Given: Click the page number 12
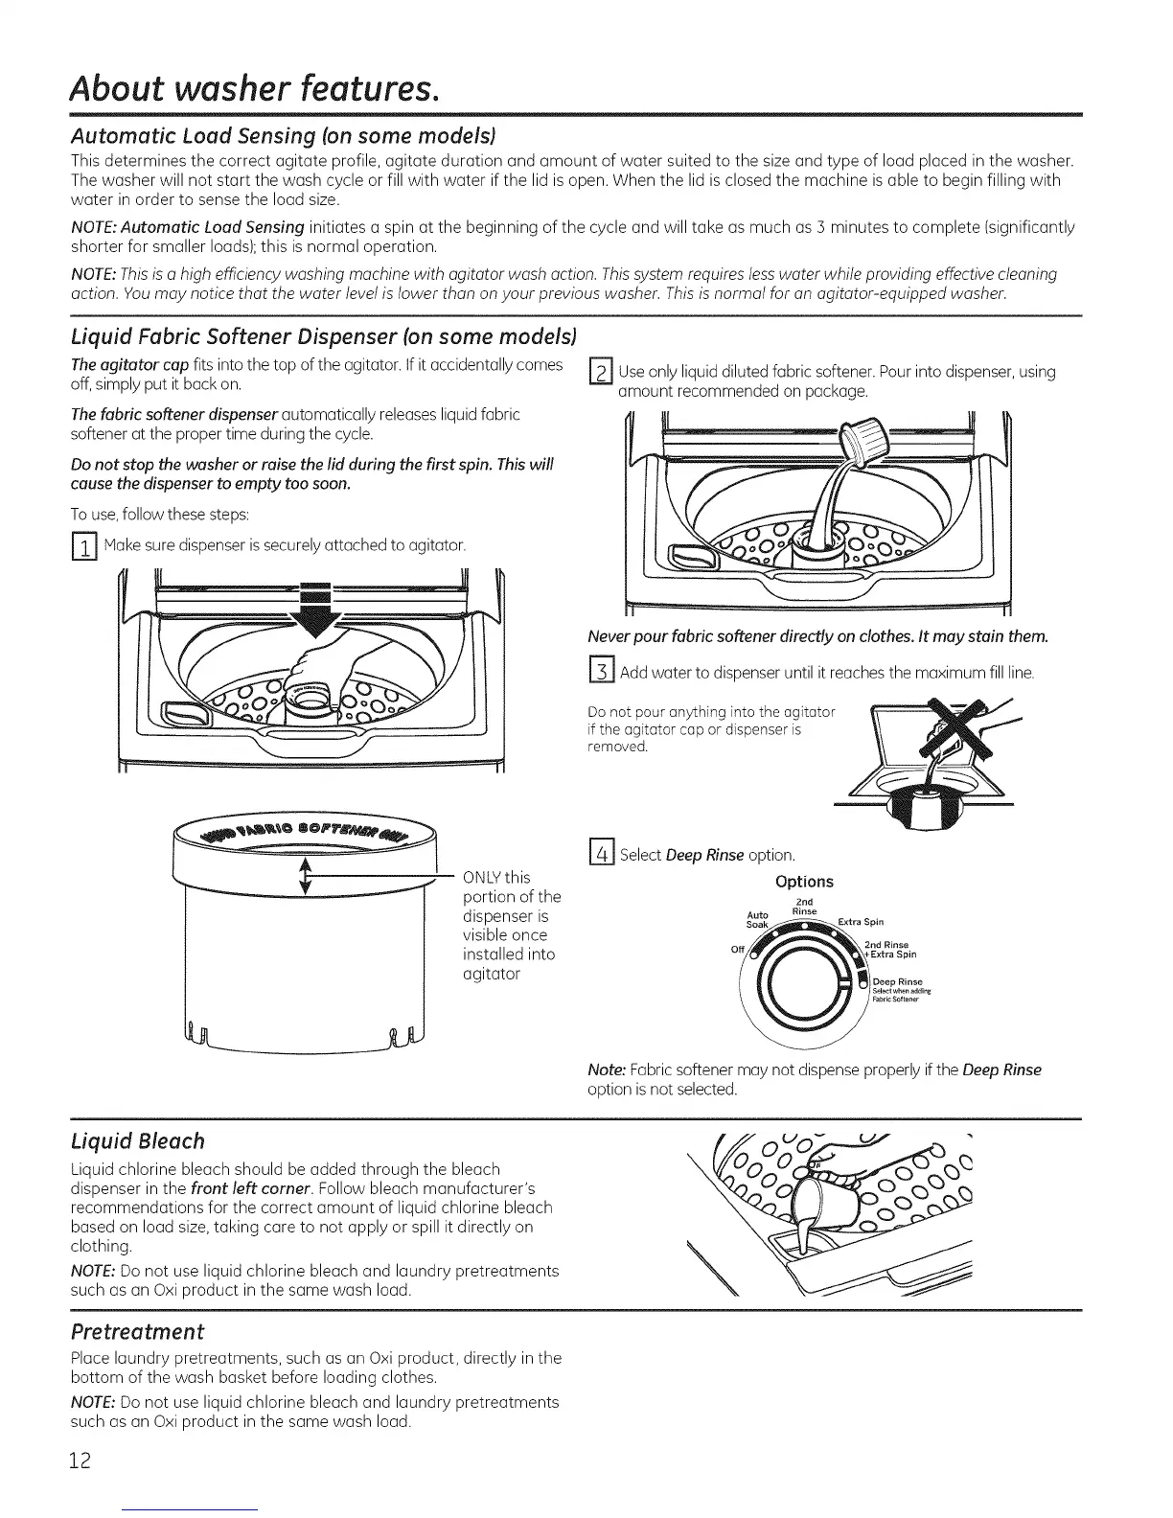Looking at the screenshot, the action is tap(80, 1460).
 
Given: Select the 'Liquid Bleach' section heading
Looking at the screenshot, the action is tap(139, 1140).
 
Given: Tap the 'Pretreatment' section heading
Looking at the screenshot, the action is tap(138, 1332).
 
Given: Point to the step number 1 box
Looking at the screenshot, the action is tap(84, 548).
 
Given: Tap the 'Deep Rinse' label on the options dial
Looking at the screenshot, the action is tap(898, 981).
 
